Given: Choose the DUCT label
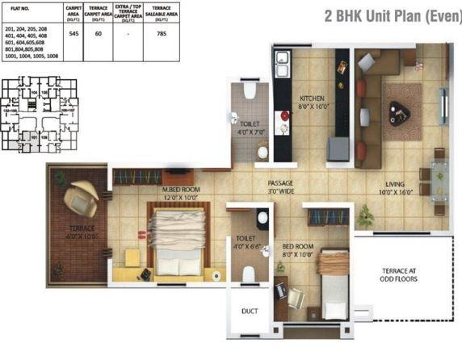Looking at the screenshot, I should click(x=250, y=311).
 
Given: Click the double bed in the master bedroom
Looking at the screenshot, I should click(x=181, y=241).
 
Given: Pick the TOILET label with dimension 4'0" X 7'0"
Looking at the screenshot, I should click(x=250, y=128).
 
